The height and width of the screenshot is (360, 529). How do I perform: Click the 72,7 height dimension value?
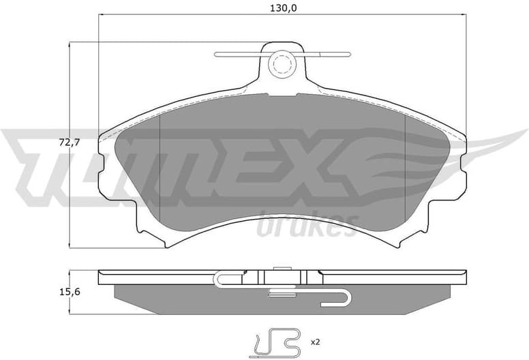[61, 144]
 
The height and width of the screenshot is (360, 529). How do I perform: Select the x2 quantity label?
[316, 340]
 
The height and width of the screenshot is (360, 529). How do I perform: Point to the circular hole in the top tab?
[281, 65]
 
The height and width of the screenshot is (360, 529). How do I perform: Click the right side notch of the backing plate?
[462, 166]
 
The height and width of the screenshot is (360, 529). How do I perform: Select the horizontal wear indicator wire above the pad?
[235, 55]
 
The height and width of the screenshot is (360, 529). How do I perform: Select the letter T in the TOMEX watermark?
[41, 164]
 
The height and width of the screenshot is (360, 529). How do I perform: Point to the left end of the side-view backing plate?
[102, 275]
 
